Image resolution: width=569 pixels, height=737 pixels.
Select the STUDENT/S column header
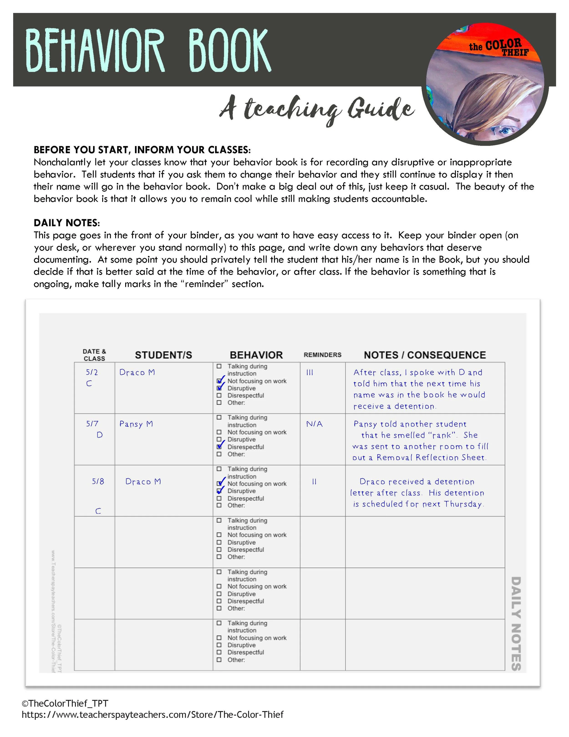(163, 355)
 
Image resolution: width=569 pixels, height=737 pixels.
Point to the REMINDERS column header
(322, 355)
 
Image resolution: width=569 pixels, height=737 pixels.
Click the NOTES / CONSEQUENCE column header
(425, 355)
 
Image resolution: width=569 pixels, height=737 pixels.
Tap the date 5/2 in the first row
(92, 372)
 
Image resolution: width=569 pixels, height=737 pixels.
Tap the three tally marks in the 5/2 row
(310, 372)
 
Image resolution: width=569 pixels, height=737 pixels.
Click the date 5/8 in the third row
(98, 482)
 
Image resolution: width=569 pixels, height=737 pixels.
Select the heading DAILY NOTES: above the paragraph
(67, 223)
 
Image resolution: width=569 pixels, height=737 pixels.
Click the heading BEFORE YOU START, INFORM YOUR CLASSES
(142, 150)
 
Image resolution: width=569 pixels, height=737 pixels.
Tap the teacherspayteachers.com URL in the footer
(152, 714)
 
